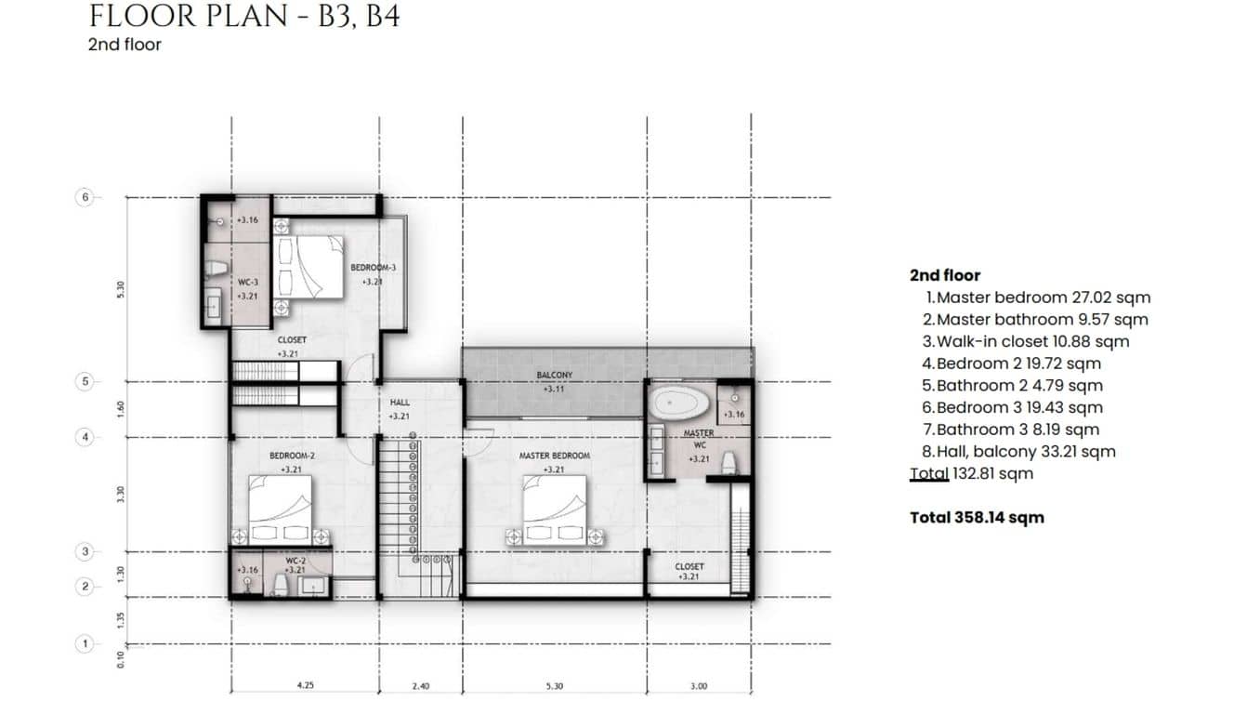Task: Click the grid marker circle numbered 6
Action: tap(85, 197)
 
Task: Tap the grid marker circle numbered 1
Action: tap(85, 643)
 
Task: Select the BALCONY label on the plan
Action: tap(554, 376)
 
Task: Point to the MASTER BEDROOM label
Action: tap(554, 456)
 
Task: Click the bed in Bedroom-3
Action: tap(308, 266)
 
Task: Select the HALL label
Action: tap(400, 402)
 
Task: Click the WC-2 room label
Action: tap(295, 561)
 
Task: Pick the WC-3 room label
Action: tap(247, 281)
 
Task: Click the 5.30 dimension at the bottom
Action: tap(554, 687)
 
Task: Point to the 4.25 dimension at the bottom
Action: tap(304, 687)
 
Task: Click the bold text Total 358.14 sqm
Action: tap(977, 518)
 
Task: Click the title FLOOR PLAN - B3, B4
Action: tap(244, 17)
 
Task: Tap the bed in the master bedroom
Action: tap(554, 509)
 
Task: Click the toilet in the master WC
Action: tap(729, 462)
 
